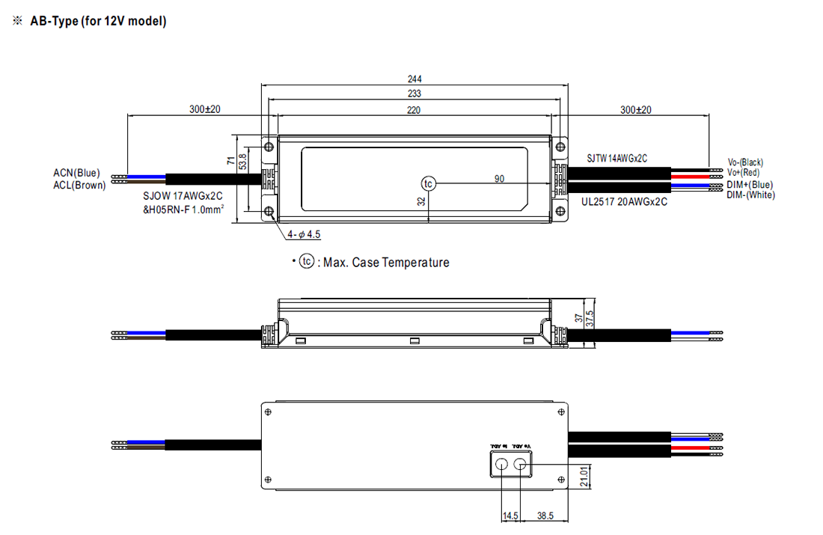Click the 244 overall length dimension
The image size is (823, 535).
click(414, 79)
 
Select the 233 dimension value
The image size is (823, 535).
click(414, 94)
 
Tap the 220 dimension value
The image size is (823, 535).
click(414, 110)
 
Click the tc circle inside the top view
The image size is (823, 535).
click(428, 183)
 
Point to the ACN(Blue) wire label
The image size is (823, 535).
click(76, 174)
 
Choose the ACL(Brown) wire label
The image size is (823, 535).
click(79, 185)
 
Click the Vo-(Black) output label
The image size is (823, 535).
click(745, 162)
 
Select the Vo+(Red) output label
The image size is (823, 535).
click(743, 172)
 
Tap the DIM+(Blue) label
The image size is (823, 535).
click(750, 185)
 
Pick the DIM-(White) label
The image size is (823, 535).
click(750, 195)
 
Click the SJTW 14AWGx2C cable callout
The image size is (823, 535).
click(617, 158)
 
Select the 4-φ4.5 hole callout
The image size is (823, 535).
click(304, 235)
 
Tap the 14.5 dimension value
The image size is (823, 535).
click(511, 516)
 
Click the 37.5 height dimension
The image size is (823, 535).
click(590, 319)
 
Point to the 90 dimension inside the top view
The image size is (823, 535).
click(499, 179)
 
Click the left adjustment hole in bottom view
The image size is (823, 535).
click(501, 465)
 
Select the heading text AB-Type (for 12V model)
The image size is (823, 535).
click(98, 21)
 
